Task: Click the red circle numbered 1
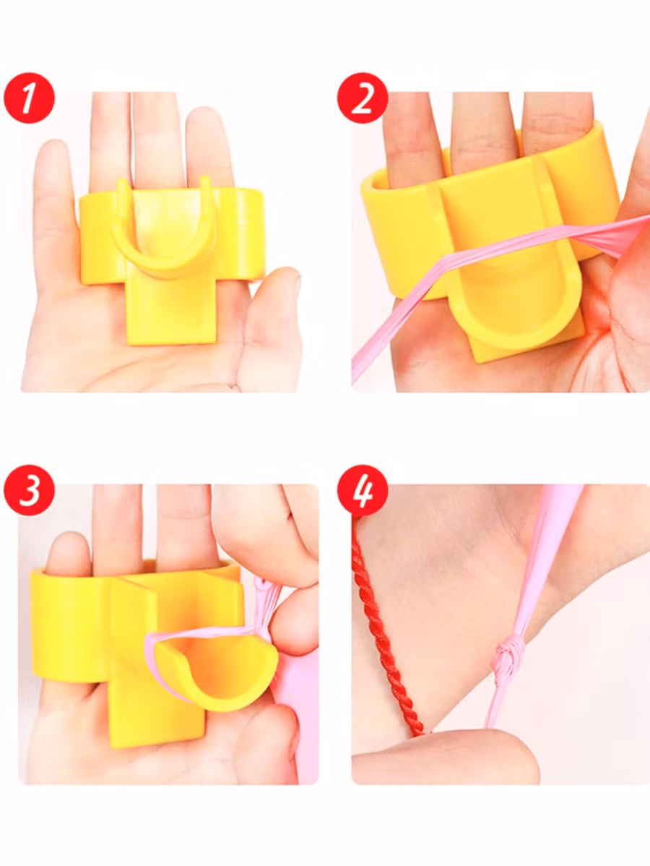[x=29, y=98]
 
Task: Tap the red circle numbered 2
[x=363, y=98]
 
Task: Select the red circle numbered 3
[x=29, y=490]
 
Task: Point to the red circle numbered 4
[x=363, y=490]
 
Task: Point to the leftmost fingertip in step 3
[x=67, y=549]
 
